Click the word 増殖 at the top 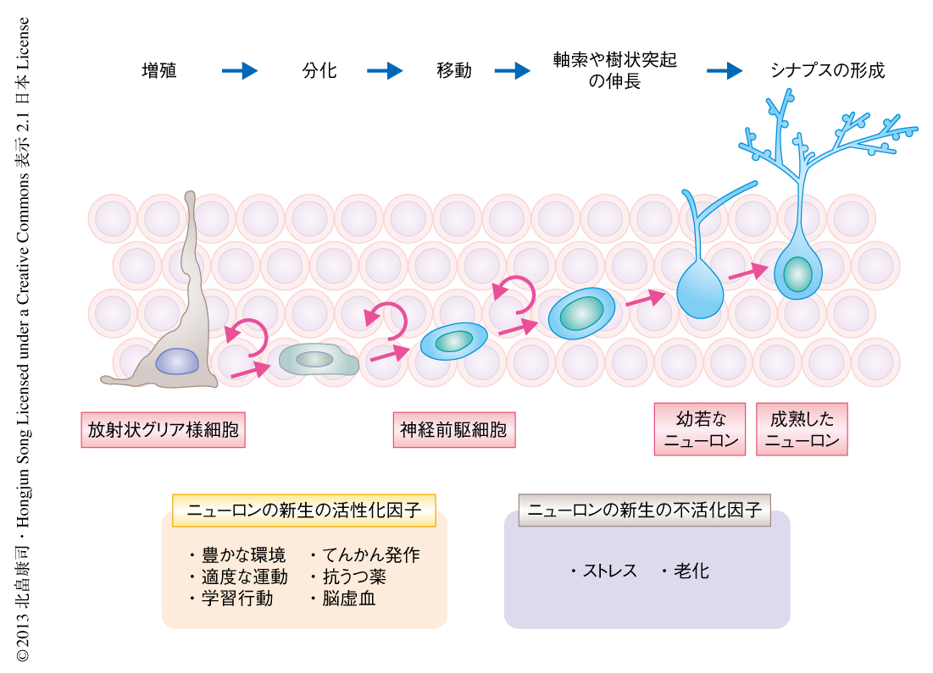click(159, 71)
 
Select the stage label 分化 click(319, 71)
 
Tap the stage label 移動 click(454, 71)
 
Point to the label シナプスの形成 click(827, 71)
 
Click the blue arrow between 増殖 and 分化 click(239, 71)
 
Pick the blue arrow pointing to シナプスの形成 click(725, 71)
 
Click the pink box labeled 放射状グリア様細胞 click(163, 430)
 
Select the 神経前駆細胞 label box click(454, 430)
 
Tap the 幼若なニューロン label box click(700, 429)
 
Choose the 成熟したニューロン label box click(802, 429)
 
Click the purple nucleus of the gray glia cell click(176, 361)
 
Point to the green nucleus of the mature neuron click(797, 274)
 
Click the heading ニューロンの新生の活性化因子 click(303, 510)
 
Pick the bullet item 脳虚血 click(348, 599)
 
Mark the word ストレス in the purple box click(609, 571)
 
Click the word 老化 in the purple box click(691, 571)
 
